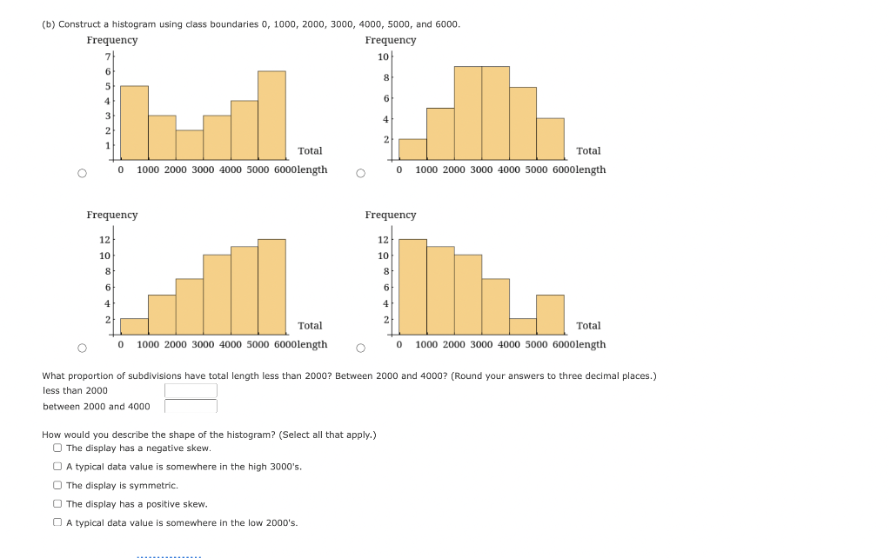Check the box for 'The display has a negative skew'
[x=57, y=448]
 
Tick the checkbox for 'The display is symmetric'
[x=57, y=486]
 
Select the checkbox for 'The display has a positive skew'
[x=57, y=504]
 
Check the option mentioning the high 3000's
[x=57, y=467]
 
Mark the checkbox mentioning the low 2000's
[x=57, y=522]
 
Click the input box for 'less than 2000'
[x=191, y=391]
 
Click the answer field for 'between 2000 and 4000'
[x=191, y=406]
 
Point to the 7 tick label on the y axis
[x=108, y=56]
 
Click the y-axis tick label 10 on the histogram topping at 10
[x=384, y=56]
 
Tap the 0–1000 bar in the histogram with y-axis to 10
[x=412, y=149]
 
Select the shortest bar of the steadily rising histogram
[x=134, y=327]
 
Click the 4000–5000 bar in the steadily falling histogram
[x=523, y=327]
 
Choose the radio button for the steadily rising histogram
[x=81, y=348]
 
